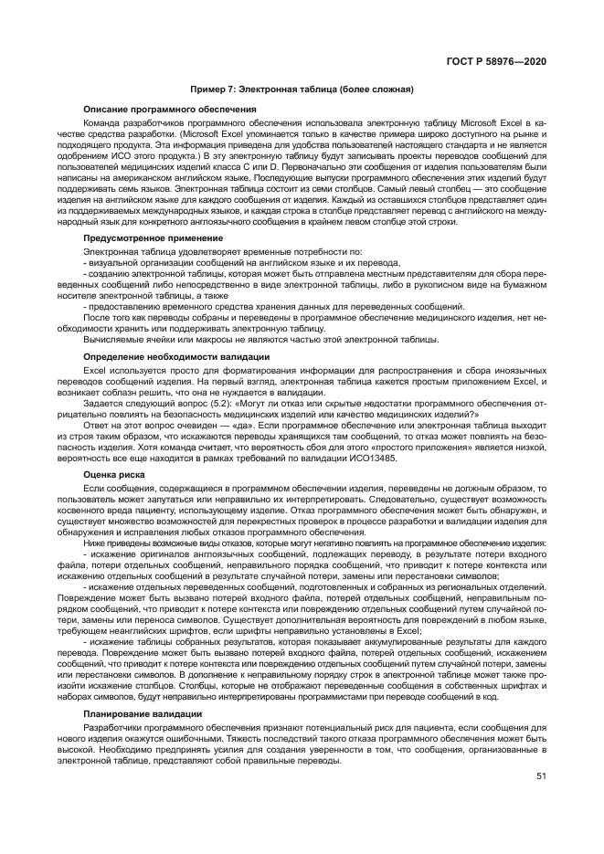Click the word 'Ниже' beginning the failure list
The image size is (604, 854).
pos(93,543)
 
